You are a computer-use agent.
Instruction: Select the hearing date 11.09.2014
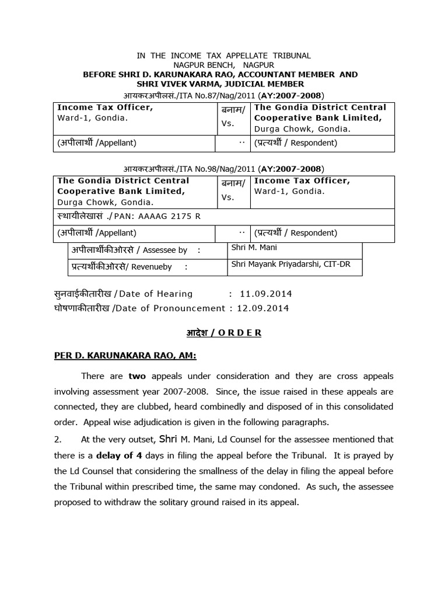pos(269,294)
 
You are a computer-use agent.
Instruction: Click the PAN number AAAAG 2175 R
pos(172,216)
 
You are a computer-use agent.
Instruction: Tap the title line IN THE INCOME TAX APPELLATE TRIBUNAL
pos(223,55)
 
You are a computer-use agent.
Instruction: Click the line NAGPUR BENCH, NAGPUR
pos(223,65)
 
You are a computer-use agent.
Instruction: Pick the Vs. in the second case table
pos(228,197)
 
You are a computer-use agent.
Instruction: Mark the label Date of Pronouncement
pos(172,308)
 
